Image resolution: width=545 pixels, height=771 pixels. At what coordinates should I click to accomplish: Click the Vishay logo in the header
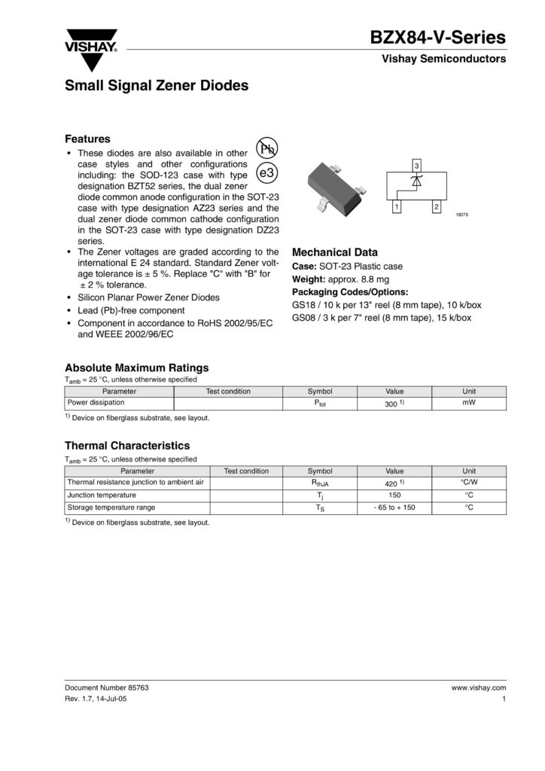(x=90, y=41)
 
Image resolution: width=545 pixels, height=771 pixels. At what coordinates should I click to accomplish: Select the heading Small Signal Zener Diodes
(x=157, y=87)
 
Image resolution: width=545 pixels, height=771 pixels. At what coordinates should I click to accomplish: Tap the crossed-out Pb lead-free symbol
(x=267, y=148)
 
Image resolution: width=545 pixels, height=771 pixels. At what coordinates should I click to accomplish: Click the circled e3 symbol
(x=267, y=173)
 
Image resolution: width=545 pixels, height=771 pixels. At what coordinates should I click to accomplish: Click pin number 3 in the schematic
(x=417, y=165)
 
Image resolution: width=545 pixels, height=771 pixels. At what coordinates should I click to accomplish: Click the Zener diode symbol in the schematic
(x=417, y=181)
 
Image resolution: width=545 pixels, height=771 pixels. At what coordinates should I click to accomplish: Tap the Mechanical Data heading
(x=334, y=252)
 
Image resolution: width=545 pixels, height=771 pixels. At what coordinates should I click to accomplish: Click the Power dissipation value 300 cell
(x=394, y=404)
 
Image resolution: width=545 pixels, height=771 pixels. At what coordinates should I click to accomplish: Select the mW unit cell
(x=469, y=404)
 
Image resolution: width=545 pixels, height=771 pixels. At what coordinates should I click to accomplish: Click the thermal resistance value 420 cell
(x=394, y=482)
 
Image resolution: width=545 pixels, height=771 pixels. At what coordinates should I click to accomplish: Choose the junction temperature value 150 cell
(x=394, y=495)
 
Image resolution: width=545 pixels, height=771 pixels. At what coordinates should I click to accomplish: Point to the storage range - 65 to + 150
(x=394, y=507)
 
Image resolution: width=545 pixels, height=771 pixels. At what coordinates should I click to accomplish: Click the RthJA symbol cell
(x=320, y=483)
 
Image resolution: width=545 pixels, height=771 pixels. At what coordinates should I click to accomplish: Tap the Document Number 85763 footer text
(x=112, y=688)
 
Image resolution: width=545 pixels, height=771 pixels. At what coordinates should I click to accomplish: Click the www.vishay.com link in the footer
(x=478, y=688)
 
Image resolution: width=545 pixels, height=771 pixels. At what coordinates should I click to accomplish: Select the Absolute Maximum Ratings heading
(x=136, y=367)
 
